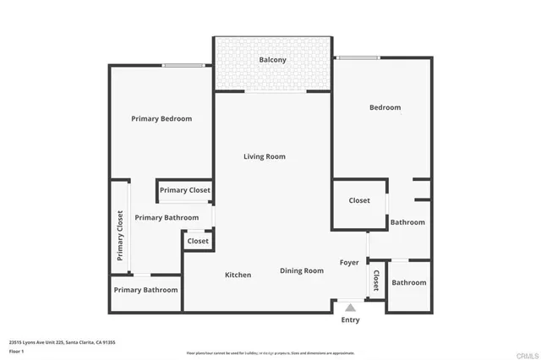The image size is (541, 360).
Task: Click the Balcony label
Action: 272,60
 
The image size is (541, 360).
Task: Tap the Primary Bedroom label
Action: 161,119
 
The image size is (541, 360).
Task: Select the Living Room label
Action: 265,156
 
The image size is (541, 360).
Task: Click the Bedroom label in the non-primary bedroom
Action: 385,107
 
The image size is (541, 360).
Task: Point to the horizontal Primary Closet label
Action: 185,190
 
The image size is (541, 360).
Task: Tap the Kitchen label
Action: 238,275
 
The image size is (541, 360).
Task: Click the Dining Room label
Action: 302,270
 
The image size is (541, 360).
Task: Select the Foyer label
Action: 350,263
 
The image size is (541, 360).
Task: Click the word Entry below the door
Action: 350,319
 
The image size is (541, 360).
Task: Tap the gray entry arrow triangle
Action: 350,308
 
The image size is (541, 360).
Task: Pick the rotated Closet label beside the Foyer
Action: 376,280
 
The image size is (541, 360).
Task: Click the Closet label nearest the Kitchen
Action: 198,241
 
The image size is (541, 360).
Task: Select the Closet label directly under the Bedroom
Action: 359,200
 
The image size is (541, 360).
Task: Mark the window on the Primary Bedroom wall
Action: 183,66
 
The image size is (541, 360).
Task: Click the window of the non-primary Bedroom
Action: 358,58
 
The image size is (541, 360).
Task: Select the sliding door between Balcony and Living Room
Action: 271,91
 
